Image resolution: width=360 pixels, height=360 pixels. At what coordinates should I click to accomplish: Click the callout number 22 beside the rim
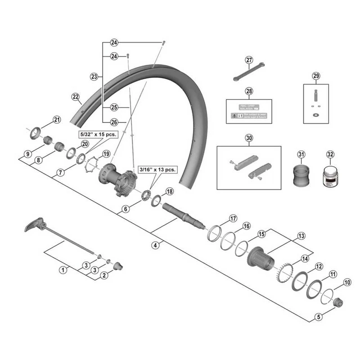point(75,96)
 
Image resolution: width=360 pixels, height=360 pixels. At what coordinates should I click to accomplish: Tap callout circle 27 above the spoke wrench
point(249,60)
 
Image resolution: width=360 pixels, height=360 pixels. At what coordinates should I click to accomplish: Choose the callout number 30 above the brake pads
point(249,138)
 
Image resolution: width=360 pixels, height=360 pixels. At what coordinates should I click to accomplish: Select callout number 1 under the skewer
point(63,270)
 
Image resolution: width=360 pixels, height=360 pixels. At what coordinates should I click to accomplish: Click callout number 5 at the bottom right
point(319,317)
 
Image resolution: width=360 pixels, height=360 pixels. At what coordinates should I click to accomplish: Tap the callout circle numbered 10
point(346,282)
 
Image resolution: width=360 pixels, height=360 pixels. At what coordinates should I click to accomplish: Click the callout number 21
point(56,119)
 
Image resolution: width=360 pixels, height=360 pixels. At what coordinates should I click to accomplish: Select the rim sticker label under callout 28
point(249,112)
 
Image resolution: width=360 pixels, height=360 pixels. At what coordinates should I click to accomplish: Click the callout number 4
point(155,245)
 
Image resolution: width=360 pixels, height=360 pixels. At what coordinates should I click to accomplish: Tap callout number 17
point(233,219)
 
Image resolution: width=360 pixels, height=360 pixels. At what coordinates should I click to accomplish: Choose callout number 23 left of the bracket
point(94,77)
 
